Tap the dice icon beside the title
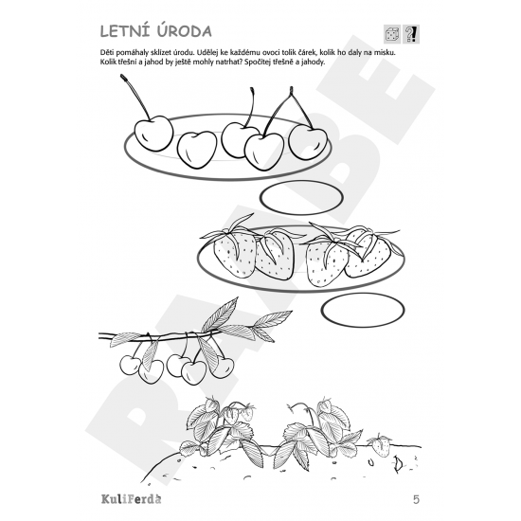point(392,35)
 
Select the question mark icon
point(411,35)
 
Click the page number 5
point(416,498)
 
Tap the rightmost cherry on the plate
point(307,140)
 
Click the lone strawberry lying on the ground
point(382,443)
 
